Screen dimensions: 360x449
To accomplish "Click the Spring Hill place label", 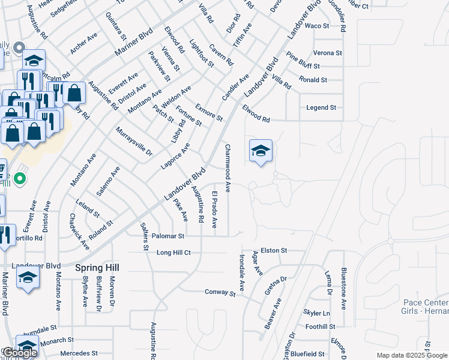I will point(97,267).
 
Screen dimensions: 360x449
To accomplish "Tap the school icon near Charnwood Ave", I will point(261,151).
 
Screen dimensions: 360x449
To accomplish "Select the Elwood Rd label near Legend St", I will point(256,113).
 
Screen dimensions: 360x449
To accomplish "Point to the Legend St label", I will point(321,107).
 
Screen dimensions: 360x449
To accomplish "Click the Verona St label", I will point(327,53).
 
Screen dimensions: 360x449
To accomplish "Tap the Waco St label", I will point(317,26).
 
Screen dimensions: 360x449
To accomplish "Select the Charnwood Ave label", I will point(228,167).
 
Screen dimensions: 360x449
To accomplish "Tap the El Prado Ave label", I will point(214,209).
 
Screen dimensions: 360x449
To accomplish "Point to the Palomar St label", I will point(167,236).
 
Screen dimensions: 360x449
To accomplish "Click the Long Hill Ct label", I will point(173,253).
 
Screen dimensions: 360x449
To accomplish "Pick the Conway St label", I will point(220,293).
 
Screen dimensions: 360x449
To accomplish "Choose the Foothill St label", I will point(320,326).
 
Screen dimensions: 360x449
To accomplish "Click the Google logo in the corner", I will point(19,353).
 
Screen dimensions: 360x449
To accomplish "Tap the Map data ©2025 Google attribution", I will point(412,355).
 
